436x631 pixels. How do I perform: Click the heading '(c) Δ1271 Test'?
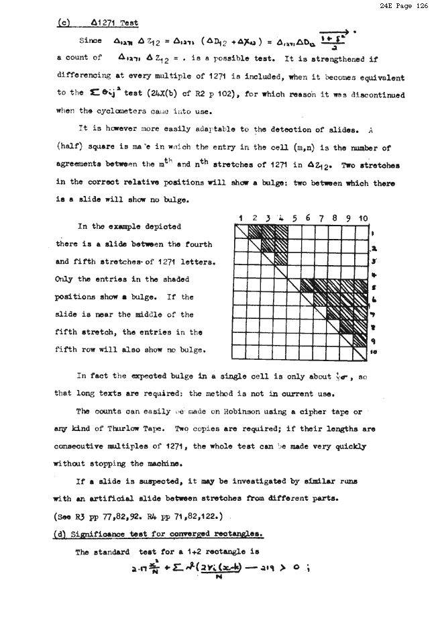97,23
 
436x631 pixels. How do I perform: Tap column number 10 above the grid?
363,218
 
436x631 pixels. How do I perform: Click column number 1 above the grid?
239,218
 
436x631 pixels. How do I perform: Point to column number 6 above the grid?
307,218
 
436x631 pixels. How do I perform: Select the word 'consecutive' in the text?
82,446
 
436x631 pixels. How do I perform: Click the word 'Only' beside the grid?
65,279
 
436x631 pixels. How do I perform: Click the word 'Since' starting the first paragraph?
90,41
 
